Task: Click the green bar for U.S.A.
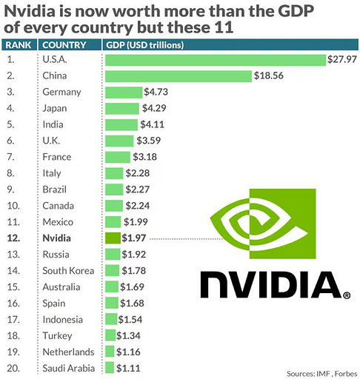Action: point(216,60)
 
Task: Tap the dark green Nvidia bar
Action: point(113,238)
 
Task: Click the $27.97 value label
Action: point(341,60)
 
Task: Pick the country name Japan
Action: point(56,109)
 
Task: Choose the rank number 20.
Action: point(13,367)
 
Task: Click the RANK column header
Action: point(19,44)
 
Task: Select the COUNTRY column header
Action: point(64,44)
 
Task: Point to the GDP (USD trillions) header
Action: point(145,44)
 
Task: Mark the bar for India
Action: point(121,124)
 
